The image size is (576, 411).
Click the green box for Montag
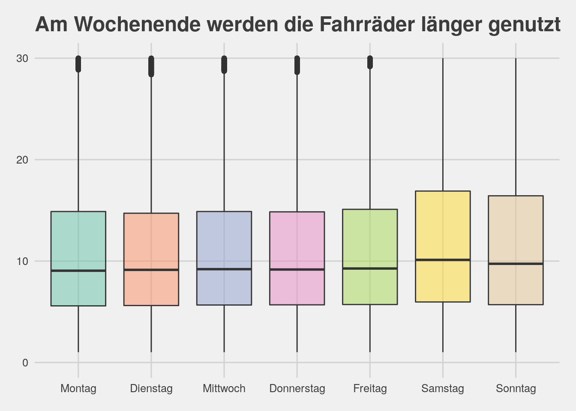78,240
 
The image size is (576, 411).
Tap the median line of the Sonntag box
516,264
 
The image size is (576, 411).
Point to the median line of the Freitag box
370,268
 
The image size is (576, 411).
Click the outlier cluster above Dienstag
151,66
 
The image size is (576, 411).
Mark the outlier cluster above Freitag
370,62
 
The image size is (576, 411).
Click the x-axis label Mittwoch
224,389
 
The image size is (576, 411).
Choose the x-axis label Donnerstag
297,389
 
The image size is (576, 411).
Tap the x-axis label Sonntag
516,389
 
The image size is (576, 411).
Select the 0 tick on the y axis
25,363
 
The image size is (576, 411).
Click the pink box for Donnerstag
297,240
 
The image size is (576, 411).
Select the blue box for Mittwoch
224,240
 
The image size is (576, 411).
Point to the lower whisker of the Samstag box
443,328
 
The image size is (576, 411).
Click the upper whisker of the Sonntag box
516,128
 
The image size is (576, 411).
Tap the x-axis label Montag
78,389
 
